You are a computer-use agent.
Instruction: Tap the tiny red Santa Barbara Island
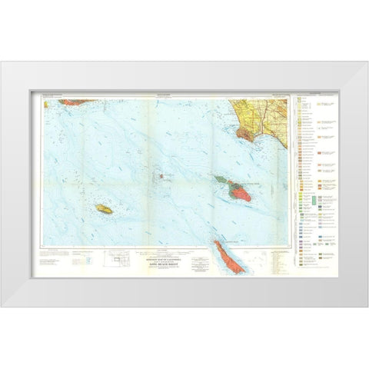pos(161,176)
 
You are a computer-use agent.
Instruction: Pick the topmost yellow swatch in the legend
pos(299,103)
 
